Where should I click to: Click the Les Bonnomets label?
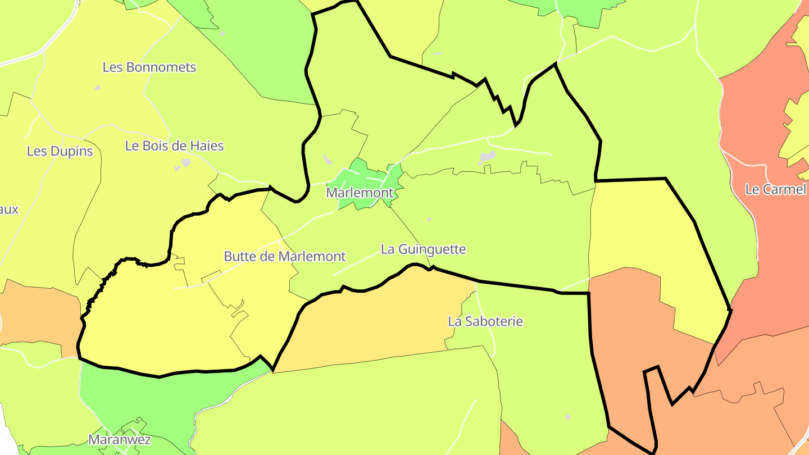coord(149,67)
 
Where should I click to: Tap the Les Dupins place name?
coord(60,151)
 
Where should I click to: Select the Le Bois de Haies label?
coord(174,146)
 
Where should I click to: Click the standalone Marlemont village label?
coord(360,193)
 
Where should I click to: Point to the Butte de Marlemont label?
coord(285,257)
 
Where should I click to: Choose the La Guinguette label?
coord(424,249)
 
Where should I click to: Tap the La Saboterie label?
coord(485,321)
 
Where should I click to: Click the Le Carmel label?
coord(775,189)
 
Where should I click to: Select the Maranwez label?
coord(120,439)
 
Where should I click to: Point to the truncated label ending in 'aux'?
coord(9,210)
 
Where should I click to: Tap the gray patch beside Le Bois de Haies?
coord(185,163)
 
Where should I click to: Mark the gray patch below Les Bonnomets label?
coord(97,88)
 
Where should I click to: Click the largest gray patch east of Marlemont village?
coord(488,156)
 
